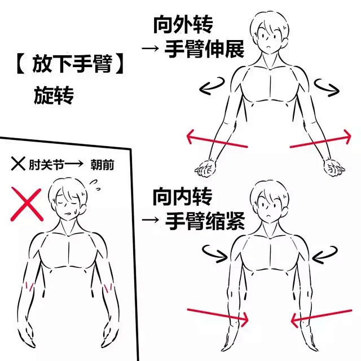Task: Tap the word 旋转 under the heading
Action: pyautogui.click(x=54, y=95)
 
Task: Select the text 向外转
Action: pyautogui.click(x=183, y=25)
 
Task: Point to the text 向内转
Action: pyautogui.click(x=183, y=196)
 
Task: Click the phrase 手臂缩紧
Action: pyautogui.click(x=205, y=221)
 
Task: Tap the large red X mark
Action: pyautogui.click(x=27, y=204)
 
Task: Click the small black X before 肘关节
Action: pyautogui.click(x=18, y=164)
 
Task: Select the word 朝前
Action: pyautogui.click(x=102, y=165)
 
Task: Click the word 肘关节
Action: pyautogui.click(x=46, y=165)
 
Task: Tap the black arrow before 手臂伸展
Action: pyautogui.click(x=151, y=49)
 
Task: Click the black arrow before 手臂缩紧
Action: pyautogui.click(x=151, y=220)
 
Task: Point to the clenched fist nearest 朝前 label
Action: pyautogui.click(x=205, y=168)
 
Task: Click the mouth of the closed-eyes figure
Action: pyautogui.click(x=68, y=213)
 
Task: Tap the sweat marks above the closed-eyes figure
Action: pyautogui.click(x=95, y=185)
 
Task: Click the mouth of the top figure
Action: pyautogui.click(x=268, y=47)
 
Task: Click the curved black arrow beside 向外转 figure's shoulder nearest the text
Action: pyautogui.click(x=212, y=86)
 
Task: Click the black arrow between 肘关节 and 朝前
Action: pyautogui.click(x=73, y=164)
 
